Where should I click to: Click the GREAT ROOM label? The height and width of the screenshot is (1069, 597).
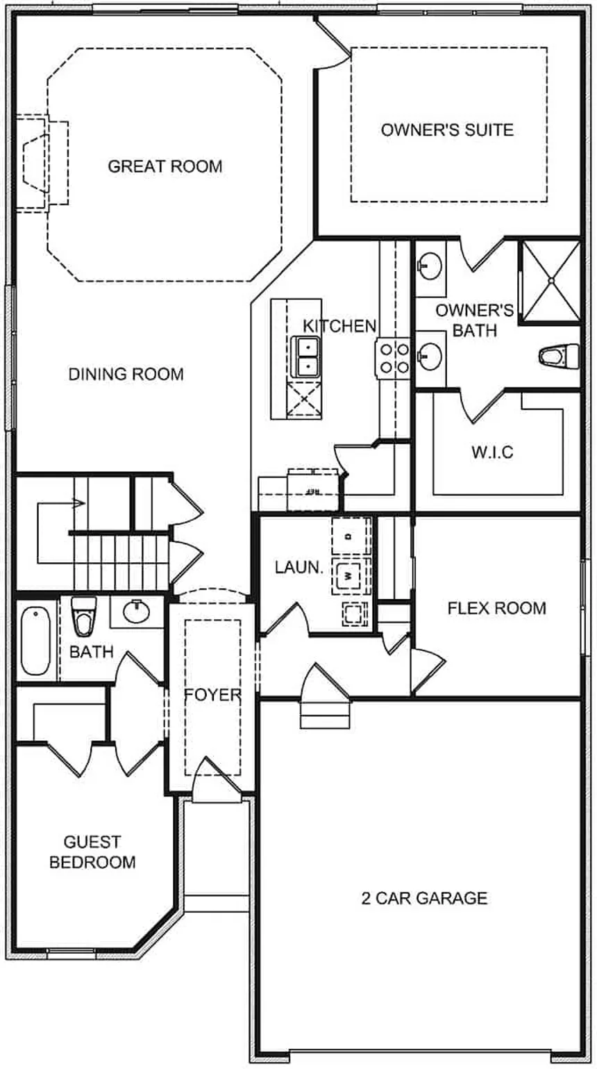click(x=165, y=167)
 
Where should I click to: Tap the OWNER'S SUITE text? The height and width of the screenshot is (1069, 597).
click(x=447, y=130)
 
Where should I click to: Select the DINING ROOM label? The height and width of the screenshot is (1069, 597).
click(x=126, y=375)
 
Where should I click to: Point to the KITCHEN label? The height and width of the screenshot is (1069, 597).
click(x=339, y=326)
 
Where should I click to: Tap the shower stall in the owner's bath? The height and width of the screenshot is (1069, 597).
click(x=550, y=281)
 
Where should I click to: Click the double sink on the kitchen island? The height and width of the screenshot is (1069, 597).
click(x=305, y=356)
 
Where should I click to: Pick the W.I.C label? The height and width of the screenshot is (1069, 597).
click(x=492, y=452)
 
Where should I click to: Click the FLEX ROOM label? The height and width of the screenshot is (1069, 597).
click(x=496, y=609)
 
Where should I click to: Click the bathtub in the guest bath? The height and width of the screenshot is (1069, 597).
click(x=35, y=641)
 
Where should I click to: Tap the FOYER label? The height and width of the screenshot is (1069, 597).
click(x=212, y=695)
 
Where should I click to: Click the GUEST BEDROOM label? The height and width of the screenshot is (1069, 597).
click(x=92, y=852)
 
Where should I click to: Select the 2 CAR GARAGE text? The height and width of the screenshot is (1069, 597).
click(x=424, y=898)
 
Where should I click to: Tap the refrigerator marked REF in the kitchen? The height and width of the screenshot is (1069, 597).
click(x=313, y=491)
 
